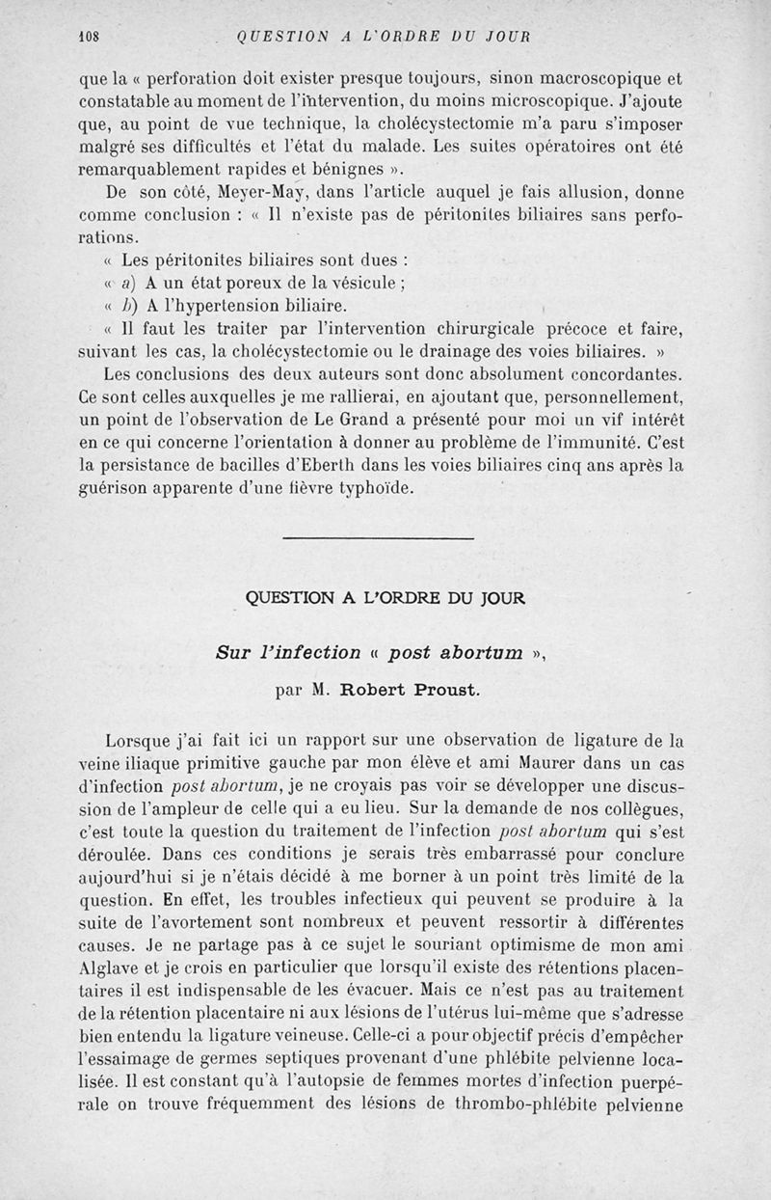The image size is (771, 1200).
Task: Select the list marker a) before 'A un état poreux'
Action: pyautogui.click(x=128, y=284)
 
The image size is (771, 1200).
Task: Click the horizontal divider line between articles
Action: pyautogui.click(x=380, y=538)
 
